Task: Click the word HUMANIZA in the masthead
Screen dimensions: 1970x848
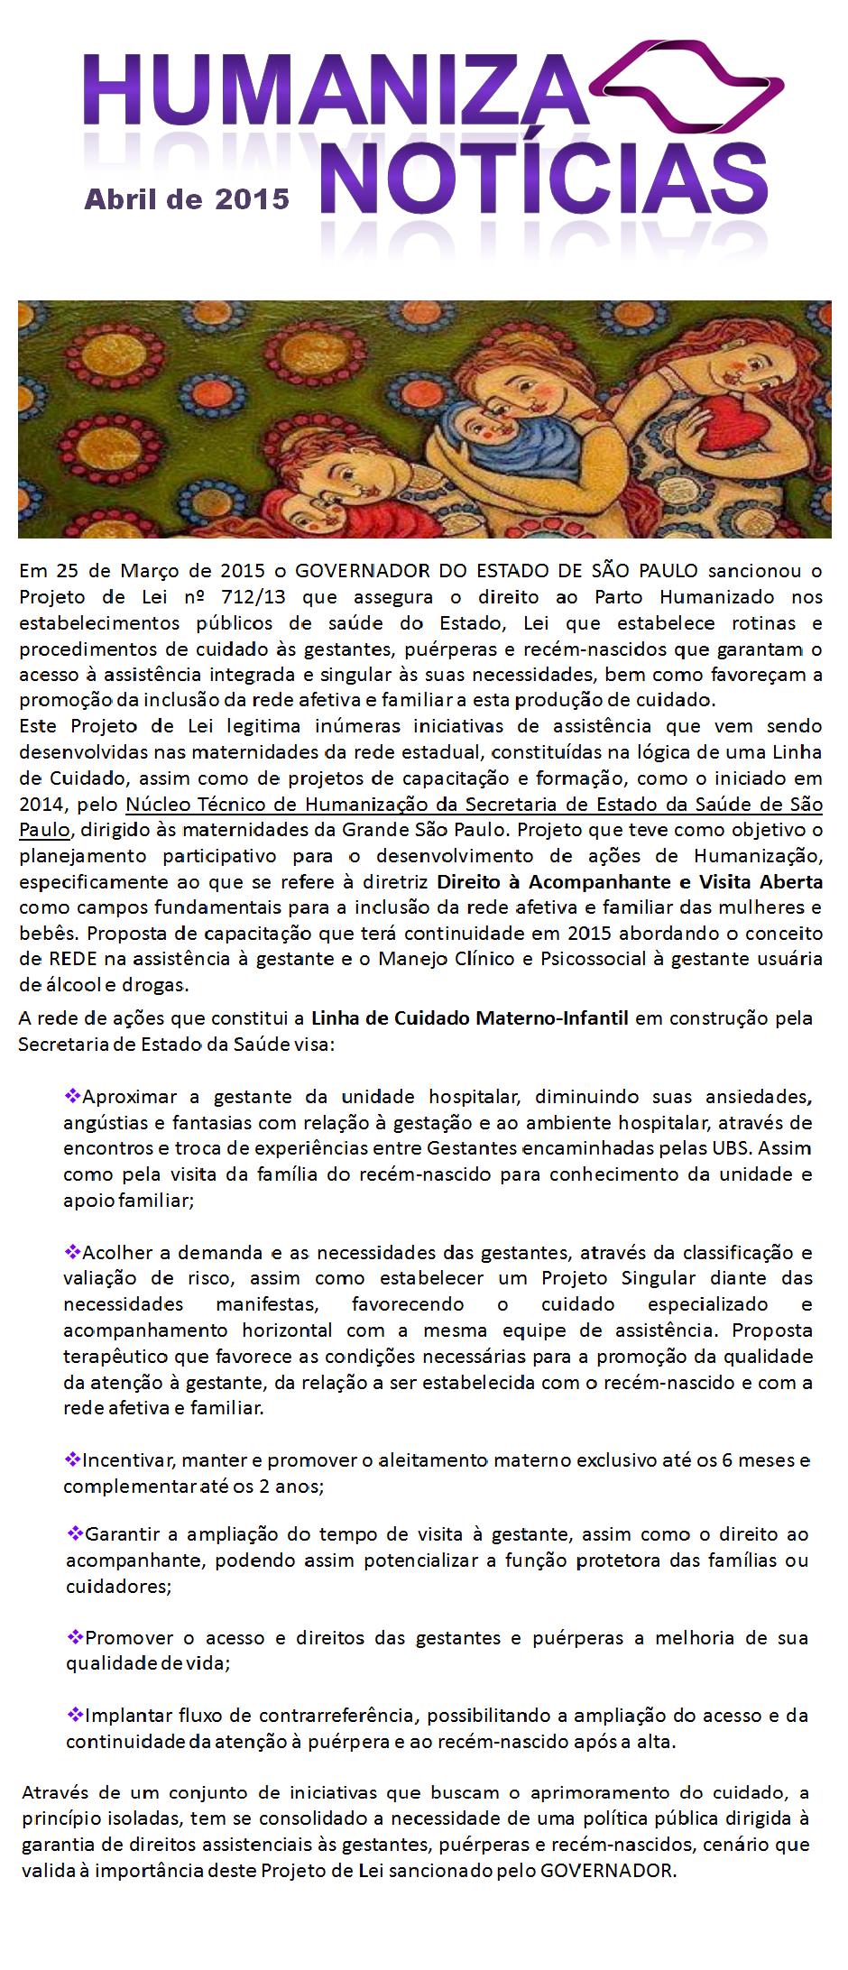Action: coord(334,90)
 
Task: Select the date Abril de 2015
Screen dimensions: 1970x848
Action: coord(187,199)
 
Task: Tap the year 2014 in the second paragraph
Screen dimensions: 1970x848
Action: coord(41,805)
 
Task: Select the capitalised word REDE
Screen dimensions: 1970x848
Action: coord(72,959)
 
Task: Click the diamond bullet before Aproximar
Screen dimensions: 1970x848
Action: coord(72,1096)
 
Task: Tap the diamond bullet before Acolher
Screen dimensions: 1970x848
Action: coord(72,1252)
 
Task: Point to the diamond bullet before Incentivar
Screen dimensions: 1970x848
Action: coord(72,1459)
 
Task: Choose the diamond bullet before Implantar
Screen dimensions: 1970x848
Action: coord(75,1715)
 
